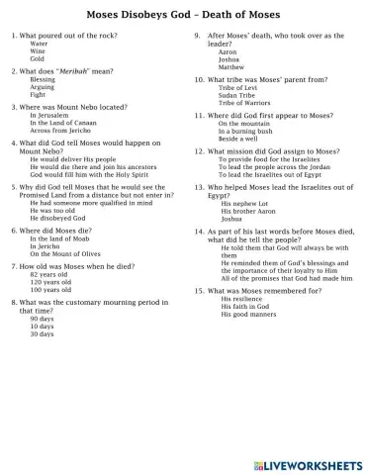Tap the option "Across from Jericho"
pyautogui.click(x=58, y=130)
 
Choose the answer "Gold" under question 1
pyautogui.click(x=38, y=59)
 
